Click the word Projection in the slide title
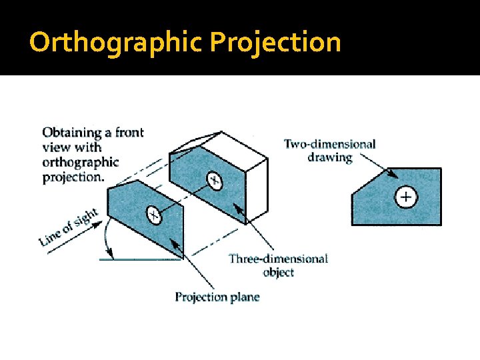click(x=275, y=43)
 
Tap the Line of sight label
click(x=69, y=227)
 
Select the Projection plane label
click(x=217, y=297)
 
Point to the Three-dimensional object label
click(x=278, y=265)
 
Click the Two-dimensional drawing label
click(x=329, y=151)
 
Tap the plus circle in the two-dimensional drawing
click(x=406, y=197)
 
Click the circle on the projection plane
click(x=154, y=215)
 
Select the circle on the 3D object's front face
click(x=214, y=179)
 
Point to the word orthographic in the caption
click(x=80, y=162)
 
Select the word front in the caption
click(x=129, y=133)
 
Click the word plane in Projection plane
click(x=245, y=297)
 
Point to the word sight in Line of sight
click(x=85, y=219)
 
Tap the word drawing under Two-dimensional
click(x=329, y=158)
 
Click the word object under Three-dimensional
click(x=278, y=273)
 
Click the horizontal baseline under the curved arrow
click(x=140, y=259)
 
